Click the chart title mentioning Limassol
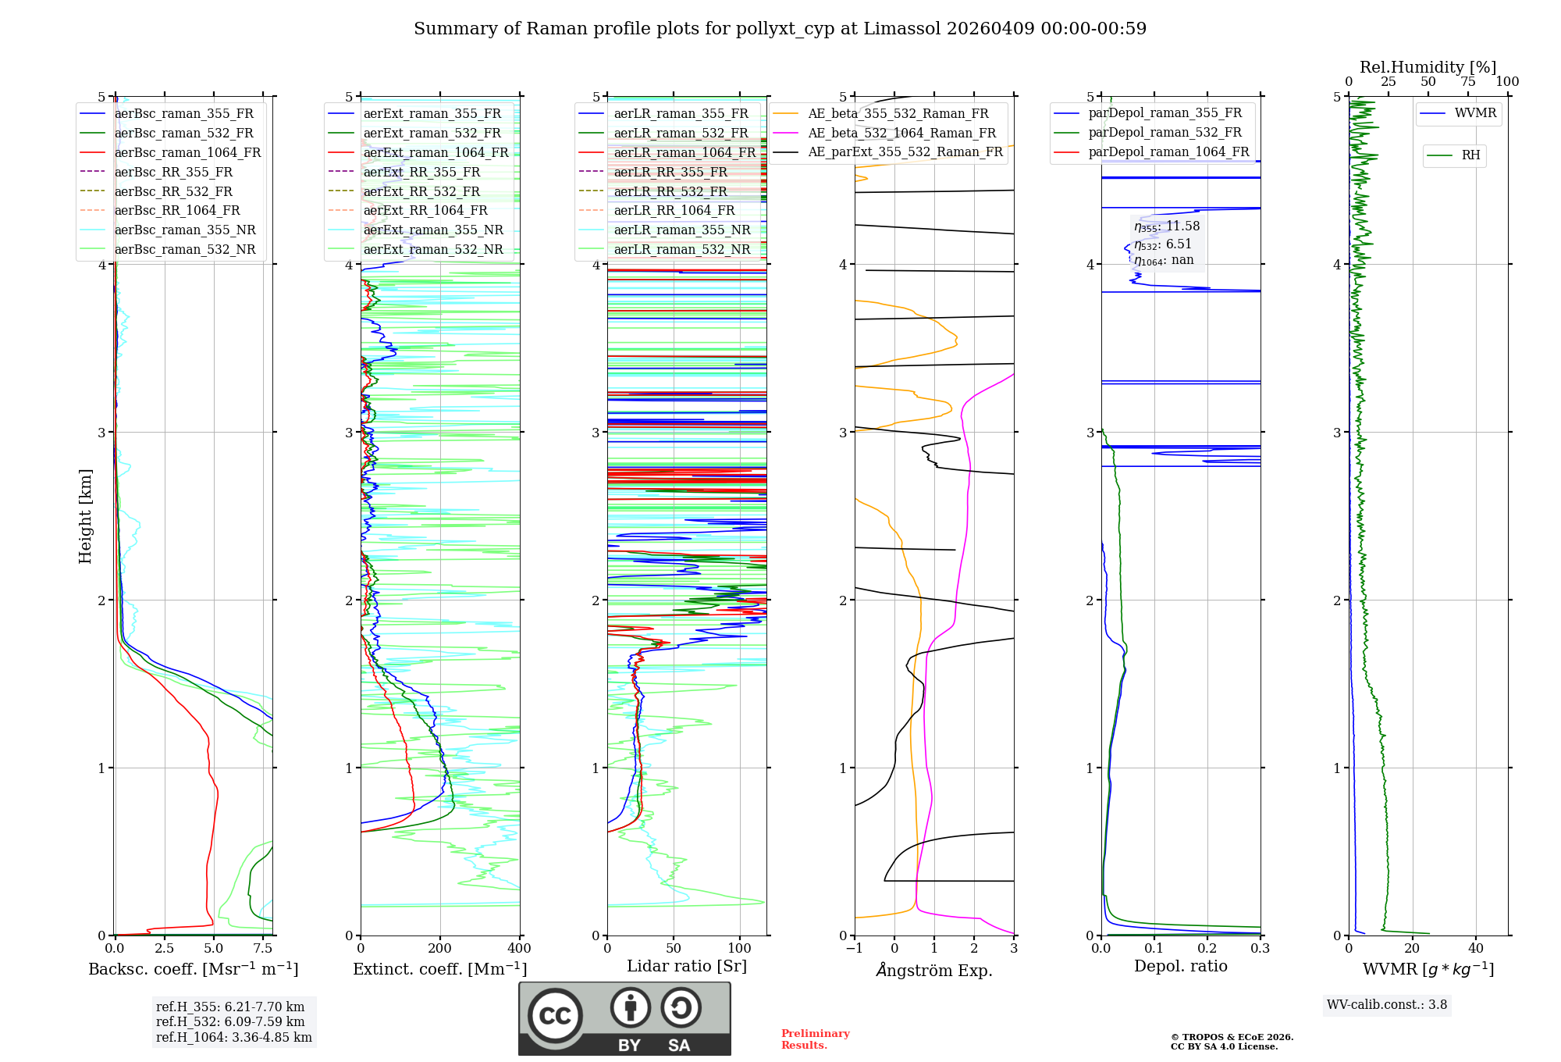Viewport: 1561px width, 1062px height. pyautogui.click(x=780, y=29)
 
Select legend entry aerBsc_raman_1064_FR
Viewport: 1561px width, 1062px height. pyautogui.click(x=187, y=152)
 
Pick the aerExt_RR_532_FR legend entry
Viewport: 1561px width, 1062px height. pyautogui.click(x=421, y=191)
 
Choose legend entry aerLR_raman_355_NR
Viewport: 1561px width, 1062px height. pyautogui.click(x=681, y=230)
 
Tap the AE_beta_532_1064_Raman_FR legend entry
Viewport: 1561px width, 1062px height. pyautogui.click(x=901, y=133)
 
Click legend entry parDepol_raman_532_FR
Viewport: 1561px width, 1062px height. pyautogui.click(x=1165, y=133)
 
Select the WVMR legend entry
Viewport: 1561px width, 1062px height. pyautogui.click(x=1475, y=113)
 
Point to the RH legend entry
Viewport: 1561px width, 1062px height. pyautogui.click(x=1470, y=155)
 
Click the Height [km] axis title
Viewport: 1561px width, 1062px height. pyautogui.click(x=85, y=516)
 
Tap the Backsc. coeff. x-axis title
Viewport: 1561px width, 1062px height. pyautogui.click(x=193, y=969)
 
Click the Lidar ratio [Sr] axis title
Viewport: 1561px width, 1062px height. pyautogui.click(x=687, y=966)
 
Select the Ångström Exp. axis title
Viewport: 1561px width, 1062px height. pyautogui.click(x=934, y=971)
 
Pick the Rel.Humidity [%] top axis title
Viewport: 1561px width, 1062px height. pyautogui.click(x=1428, y=67)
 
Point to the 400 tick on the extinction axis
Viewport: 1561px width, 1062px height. pyautogui.click(x=519, y=949)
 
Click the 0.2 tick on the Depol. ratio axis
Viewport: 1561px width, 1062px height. pyautogui.click(x=1207, y=949)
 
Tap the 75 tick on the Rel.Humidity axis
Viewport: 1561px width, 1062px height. pyautogui.click(x=1468, y=82)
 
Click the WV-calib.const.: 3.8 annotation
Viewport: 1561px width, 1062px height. pyautogui.click(x=1386, y=1005)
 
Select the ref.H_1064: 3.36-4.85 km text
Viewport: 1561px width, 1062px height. pyautogui.click(x=233, y=1038)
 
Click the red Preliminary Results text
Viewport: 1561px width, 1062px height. pyautogui.click(x=815, y=1039)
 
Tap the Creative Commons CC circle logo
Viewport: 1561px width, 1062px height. pyautogui.click(x=555, y=1016)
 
